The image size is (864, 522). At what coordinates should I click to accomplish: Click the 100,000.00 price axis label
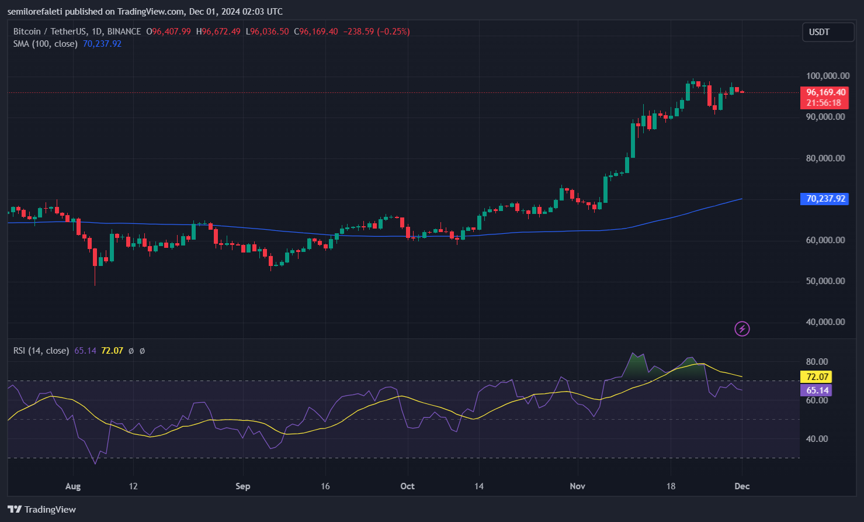(x=827, y=76)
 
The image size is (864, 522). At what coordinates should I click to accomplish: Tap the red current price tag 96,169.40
(x=826, y=92)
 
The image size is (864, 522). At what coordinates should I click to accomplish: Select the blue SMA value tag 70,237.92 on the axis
(x=825, y=199)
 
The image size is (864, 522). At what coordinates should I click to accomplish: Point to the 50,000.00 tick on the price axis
(x=825, y=281)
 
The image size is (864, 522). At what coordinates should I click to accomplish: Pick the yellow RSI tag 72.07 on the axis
(x=817, y=377)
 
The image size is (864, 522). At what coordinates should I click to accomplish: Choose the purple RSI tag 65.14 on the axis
(x=817, y=390)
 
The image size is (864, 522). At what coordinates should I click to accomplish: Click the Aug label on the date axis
(x=73, y=486)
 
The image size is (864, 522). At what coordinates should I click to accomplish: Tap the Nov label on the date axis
(x=577, y=486)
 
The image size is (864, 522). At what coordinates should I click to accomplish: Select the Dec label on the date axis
(x=742, y=486)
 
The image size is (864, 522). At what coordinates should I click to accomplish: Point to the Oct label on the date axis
(x=407, y=486)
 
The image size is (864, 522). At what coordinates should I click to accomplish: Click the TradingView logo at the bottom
(x=42, y=510)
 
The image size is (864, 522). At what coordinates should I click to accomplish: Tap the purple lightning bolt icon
(x=742, y=329)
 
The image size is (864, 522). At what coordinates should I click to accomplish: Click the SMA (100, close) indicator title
(x=46, y=44)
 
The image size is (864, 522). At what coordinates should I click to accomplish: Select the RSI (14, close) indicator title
(x=41, y=351)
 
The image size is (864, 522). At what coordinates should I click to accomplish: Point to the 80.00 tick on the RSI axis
(x=817, y=362)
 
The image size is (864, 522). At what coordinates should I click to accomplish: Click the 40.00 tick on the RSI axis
(x=817, y=439)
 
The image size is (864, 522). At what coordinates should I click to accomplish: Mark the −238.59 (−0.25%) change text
(x=375, y=32)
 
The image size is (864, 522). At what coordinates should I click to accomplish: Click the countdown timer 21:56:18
(x=824, y=103)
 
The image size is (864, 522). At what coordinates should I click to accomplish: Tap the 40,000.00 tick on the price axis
(x=825, y=322)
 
